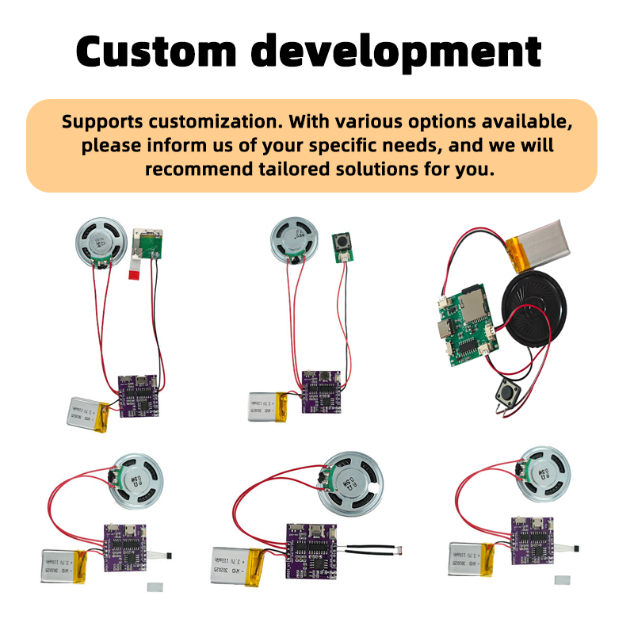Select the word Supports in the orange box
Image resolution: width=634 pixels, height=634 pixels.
(x=101, y=123)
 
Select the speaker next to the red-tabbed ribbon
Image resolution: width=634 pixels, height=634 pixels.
(x=101, y=243)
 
